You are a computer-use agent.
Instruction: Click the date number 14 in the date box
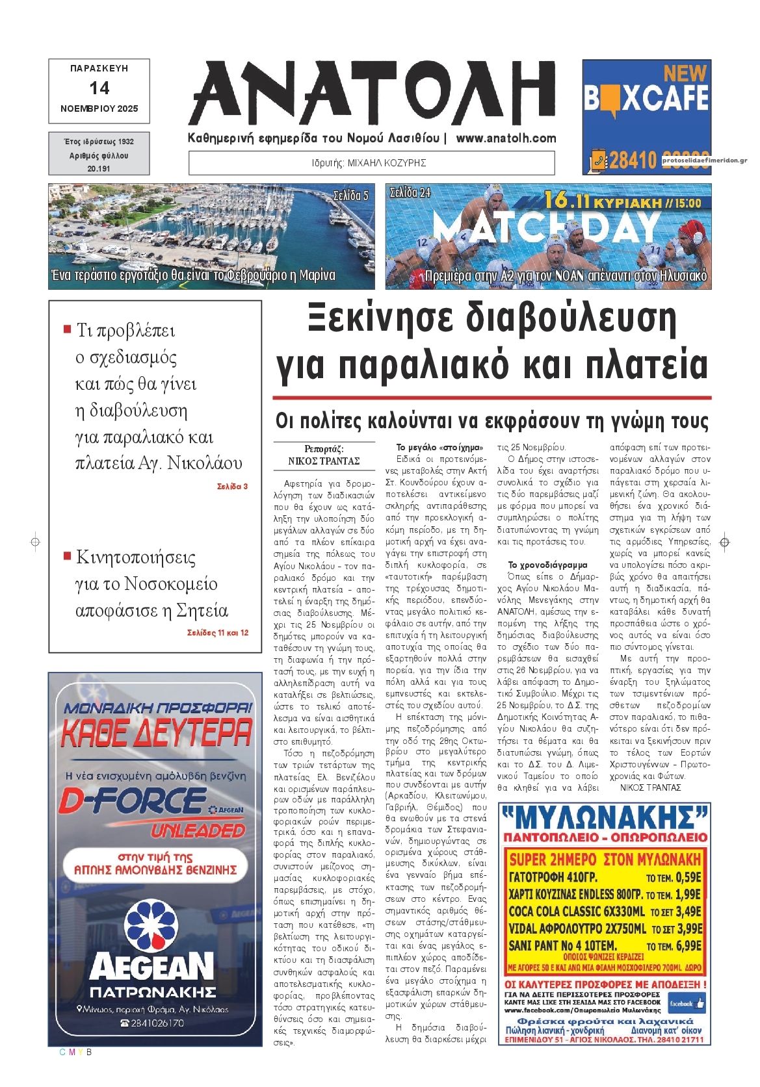coord(99,88)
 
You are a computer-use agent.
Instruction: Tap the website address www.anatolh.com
coord(506,138)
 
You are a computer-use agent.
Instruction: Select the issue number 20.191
coord(99,168)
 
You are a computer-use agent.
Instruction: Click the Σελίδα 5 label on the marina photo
coord(350,194)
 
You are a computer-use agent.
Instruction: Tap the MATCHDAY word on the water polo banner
coord(545,227)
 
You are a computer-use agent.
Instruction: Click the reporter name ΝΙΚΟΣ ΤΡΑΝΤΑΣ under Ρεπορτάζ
coord(324,461)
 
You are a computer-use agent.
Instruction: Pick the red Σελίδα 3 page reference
coord(232,486)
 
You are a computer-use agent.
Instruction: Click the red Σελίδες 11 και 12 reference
coord(217,632)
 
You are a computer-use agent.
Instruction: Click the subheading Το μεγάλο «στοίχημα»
coord(440,448)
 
